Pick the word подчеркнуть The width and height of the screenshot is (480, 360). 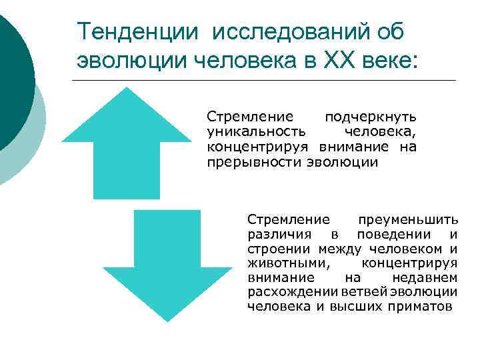pyautogui.click(x=370, y=117)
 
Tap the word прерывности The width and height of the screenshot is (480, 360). pyautogui.click(x=255, y=163)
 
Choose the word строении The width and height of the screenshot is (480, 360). pyautogui.click(x=273, y=249)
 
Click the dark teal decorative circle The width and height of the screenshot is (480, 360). pyautogui.click(x=10, y=73)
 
